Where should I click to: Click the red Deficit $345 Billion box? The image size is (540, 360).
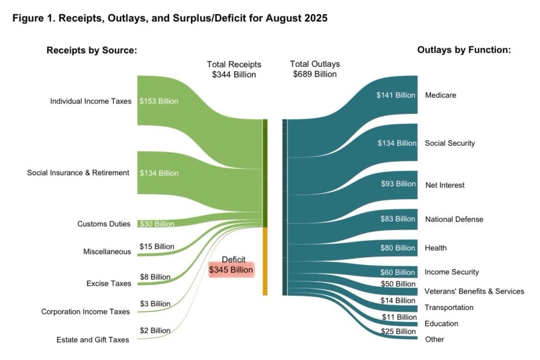click(x=231, y=270)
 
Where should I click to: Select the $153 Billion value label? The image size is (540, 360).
click(x=159, y=101)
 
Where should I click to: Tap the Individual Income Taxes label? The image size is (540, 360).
click(x=90, y=101)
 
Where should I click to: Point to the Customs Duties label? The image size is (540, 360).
click(x=104, y=224)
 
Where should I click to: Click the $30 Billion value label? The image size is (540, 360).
click(x=157, y=224)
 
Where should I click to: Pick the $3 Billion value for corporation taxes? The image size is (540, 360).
click(x=155, y=304)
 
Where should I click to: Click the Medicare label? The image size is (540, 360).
click(x=440, y=95)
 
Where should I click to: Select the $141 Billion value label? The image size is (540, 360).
click(x=396, y=95)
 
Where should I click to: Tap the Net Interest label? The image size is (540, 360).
click(x=445, y=185)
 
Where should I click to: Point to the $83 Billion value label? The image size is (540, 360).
click(x=398, y=219)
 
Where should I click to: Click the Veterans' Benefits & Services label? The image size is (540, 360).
click(x=474, y=291)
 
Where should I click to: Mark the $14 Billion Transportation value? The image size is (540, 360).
click(x=398, y=300)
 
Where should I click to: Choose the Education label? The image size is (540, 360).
click(x=441, y=324)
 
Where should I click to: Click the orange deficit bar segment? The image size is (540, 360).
click(x=265, y=261)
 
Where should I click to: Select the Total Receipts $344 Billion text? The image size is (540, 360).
click(x=234, y=69)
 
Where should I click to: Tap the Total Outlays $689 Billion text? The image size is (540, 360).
click(x=315, y=69)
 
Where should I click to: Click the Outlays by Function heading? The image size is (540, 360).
click(x=464, y=50)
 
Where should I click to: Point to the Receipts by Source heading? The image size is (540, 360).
click(x=92, y=50)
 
